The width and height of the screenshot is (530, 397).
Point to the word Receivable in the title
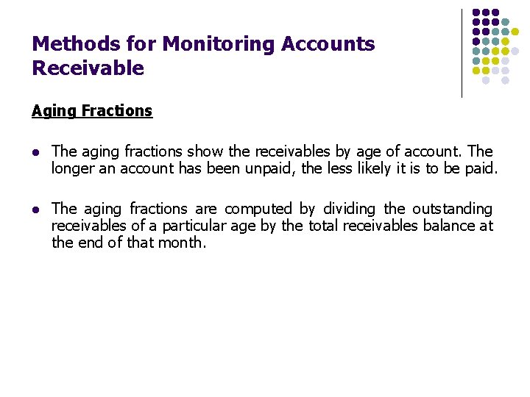pos(88,69)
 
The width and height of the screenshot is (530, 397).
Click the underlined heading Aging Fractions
pos(92,111)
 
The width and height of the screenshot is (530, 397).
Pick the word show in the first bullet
pos(204,151)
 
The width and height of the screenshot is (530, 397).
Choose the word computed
pos(258,209)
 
